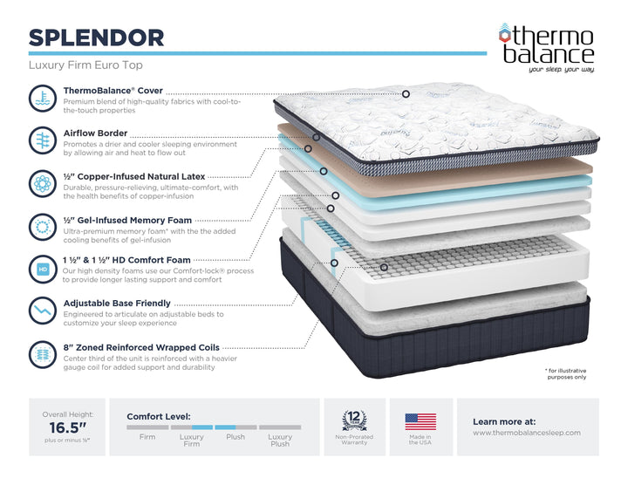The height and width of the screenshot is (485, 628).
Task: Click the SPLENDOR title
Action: click(x=96, y=37)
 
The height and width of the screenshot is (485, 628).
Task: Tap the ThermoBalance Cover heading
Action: click(x=112, y=90)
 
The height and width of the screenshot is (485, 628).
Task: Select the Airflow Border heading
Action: click(x=95, y=133)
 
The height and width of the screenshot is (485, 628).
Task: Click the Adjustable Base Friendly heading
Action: click(x=117, y=304)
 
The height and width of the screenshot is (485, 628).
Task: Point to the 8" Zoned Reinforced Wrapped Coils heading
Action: click(x=141, y=347)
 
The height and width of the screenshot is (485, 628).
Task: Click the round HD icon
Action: click(x=42, y=267)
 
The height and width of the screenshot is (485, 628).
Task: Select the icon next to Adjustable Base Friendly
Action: click(x=42, y=310)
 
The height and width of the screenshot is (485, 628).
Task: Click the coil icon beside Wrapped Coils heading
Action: click(x=42, y=353)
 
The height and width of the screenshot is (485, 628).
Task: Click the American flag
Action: click(x=420, y=422)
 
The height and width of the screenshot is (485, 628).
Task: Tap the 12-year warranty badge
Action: click(x=353, y=420)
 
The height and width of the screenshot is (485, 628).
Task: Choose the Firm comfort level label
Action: click(x=147, y=437)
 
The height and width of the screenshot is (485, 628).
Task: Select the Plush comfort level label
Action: click(x=235, y=437)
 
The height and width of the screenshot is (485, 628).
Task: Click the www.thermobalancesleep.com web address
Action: click(x=526, y=433)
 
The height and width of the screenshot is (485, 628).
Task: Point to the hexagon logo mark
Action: click(x=504, y=34)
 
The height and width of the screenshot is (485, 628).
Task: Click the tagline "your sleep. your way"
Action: click(x=561, y=69)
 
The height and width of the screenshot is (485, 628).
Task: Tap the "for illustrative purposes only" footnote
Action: click(x=567, y=373)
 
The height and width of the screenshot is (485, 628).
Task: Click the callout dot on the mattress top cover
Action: click(x=406, y=93)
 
